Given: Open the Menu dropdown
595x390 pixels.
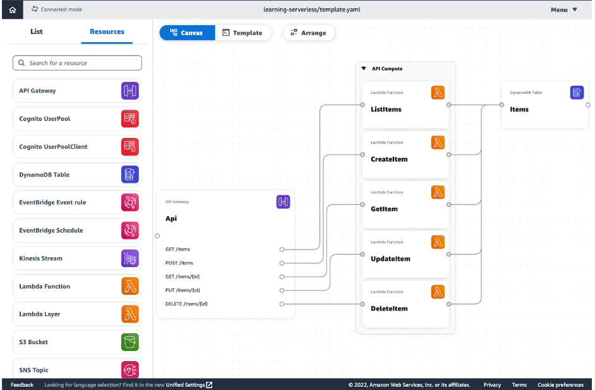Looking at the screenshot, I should (x=563, y=9).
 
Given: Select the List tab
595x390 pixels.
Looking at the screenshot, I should (x=37, y=32).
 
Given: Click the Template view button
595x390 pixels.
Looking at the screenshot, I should (x=243, y=33).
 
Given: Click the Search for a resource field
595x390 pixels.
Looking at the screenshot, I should (x=77, y=63).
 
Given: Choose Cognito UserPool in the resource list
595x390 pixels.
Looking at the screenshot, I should (x=45, y=118).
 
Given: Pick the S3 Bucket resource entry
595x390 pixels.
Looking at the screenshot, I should (x=33, y=342).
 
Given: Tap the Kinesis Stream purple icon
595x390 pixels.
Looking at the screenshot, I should (x=130, y=258).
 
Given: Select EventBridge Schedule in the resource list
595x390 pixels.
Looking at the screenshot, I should (x=51, y=231).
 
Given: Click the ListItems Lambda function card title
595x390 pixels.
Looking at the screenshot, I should (x=386, y=110).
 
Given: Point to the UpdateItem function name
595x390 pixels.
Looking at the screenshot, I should (x=390, y=259).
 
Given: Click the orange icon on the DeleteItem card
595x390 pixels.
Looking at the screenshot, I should (x=438, y=292).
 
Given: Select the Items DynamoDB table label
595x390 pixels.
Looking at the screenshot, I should (x=519, y=110).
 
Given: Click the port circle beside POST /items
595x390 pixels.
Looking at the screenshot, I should (x=282, y=263).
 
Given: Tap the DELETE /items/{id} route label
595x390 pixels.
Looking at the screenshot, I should (x=187, y=304).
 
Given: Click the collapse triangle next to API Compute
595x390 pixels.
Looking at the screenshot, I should (x=363, y=69).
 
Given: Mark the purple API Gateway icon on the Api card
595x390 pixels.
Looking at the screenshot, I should (x=283, y=202).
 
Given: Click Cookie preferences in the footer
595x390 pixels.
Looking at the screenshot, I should (x=560, y=385).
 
